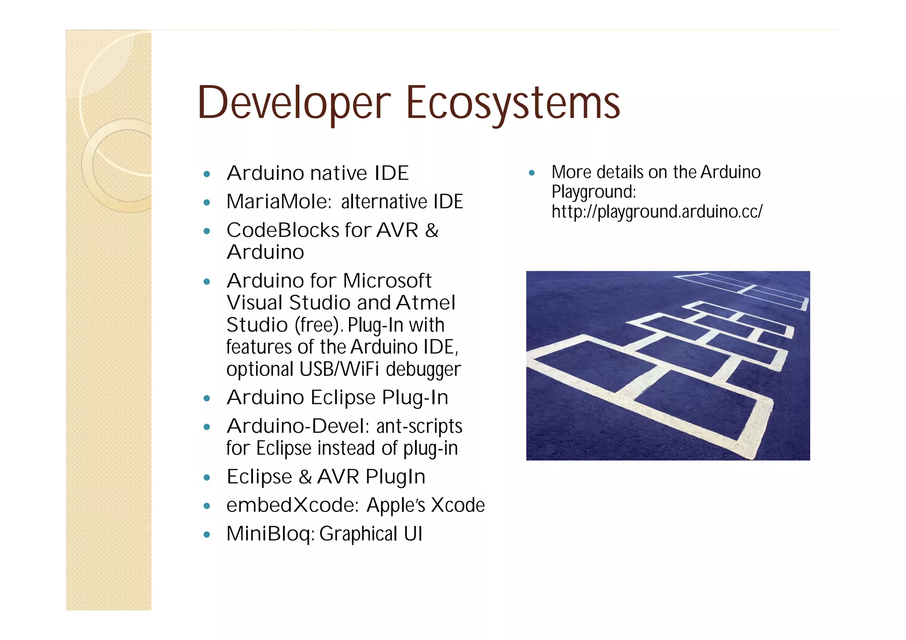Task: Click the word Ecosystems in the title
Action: [513, 103]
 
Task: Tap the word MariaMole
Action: [279, 202]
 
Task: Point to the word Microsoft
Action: [387, 281]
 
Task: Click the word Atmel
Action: [426, 303]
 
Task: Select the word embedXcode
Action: [292, 505]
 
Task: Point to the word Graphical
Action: [359, 534]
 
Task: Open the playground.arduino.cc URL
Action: [657, 212]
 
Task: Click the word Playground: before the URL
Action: [594, 192]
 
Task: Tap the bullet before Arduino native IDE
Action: [207, 174]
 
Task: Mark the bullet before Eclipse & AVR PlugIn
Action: [207, 478]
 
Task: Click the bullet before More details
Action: [532, 173]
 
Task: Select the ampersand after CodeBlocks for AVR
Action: [431, 230]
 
